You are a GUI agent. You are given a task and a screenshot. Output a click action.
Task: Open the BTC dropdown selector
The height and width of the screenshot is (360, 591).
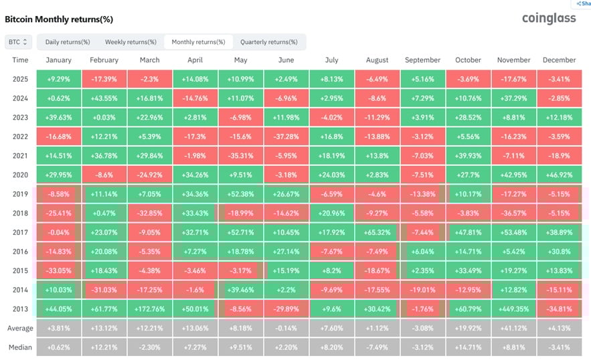(x=18, y=42)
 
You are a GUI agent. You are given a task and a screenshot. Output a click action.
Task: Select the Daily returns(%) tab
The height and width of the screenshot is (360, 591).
(x=68, y=42)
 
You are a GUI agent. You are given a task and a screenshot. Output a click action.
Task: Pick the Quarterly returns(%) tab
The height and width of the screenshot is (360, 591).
(x=269, y=42)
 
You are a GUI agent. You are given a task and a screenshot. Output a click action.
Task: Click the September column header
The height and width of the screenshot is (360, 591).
(x=423, y=60)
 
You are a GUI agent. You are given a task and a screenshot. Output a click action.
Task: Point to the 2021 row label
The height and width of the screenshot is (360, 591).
(x=21, y=156)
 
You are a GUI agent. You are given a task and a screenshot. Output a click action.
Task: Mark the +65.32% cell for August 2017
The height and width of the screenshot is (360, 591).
(x=377, y=233)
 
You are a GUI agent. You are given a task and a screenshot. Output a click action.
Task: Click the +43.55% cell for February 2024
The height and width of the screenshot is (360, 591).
(x=104, y=98)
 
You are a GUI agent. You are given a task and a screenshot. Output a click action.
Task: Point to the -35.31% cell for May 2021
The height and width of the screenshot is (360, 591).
(x=240, y=156)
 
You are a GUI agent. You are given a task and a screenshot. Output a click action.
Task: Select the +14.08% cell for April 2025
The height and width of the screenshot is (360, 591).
(x=195, y=79)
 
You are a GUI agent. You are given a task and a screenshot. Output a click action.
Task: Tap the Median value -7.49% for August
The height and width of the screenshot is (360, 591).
(x=377, y=348)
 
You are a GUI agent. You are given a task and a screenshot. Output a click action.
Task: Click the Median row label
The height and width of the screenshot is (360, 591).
(x=21, y=348)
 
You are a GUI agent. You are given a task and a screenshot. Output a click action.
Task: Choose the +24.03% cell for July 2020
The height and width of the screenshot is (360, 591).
(x=332, y=175)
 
